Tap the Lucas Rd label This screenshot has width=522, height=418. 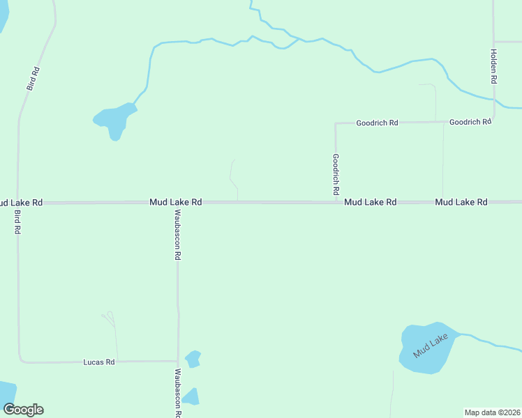[98, 362]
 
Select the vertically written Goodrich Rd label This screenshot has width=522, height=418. [336, 174]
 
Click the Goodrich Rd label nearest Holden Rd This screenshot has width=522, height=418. [470, 122]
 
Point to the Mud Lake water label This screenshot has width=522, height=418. [430, 346]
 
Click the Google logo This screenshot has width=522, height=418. [23, 410]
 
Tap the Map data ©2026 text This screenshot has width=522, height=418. [492, 412]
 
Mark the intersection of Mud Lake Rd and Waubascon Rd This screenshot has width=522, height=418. [177, 203]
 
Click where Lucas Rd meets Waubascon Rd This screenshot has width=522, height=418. [178, 361]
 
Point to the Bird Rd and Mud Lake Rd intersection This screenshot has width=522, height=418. [17, 203]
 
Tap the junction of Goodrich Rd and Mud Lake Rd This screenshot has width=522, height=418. [336, 202]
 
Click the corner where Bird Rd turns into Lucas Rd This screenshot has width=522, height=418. [20, 361]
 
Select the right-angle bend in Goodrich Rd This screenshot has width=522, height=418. [336, 124]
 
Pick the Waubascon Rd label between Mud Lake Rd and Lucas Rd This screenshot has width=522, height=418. [177, 235]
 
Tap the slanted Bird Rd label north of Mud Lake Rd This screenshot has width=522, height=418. [33, 78]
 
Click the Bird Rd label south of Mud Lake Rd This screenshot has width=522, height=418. [17, 221]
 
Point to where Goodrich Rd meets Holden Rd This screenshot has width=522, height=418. [494, 121]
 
